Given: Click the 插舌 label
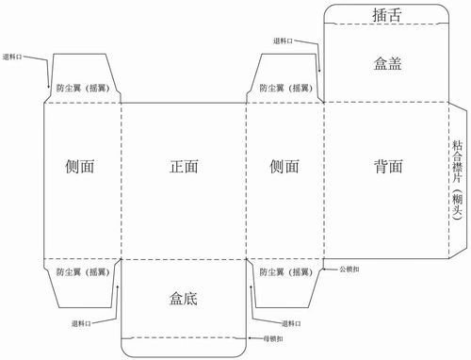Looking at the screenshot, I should pos(386,15).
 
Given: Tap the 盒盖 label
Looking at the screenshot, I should pos(387,63).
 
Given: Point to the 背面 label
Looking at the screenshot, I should pos(387,167).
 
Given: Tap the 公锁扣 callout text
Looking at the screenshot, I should pos(354,270).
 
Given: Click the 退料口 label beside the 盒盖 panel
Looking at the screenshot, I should pos(284,41).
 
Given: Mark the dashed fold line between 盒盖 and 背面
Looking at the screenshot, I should pos(386,103).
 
